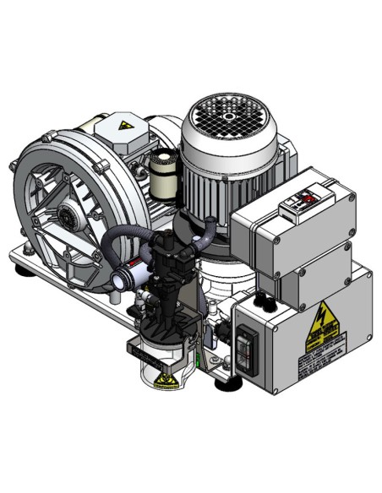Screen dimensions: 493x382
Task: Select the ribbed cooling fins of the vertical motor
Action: click(x=220, y=181)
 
